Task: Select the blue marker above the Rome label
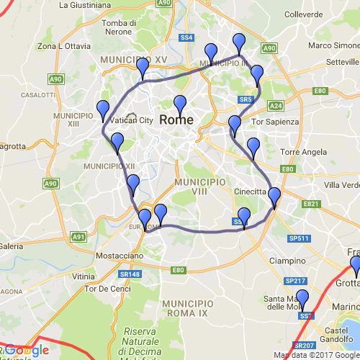180,104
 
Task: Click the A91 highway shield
78,236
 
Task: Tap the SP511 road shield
300,238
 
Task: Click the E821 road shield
310,204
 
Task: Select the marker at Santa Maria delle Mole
302,299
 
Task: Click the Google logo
30,351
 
